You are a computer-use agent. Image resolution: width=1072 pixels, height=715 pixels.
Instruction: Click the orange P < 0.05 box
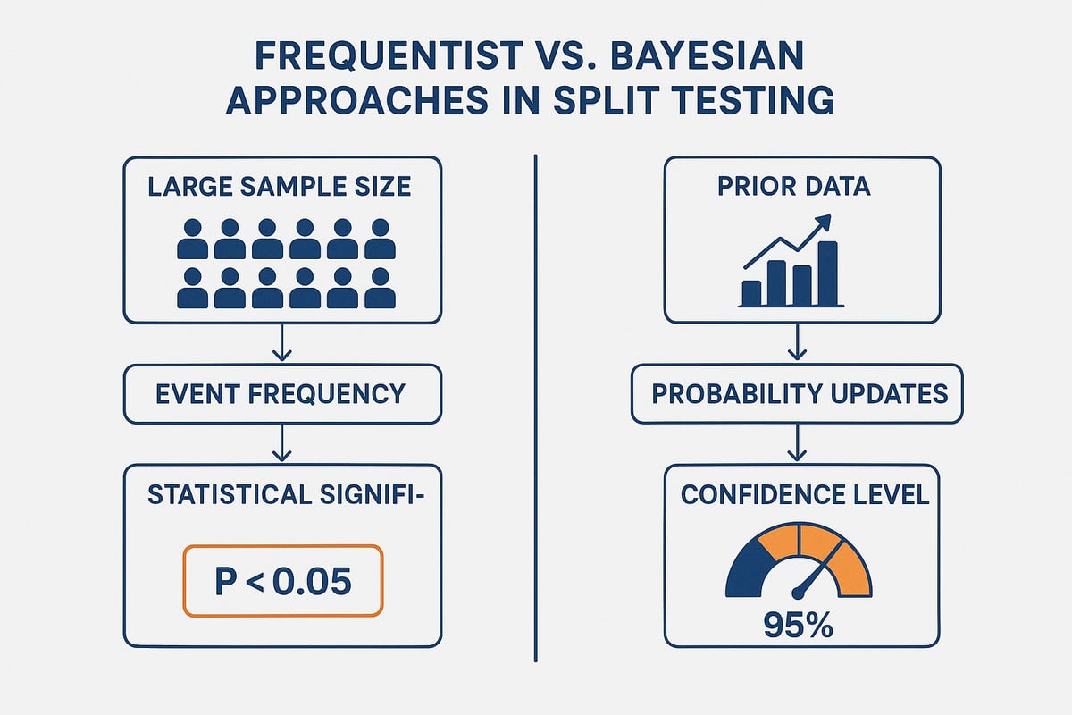pyautogui.click(x=282, y=582)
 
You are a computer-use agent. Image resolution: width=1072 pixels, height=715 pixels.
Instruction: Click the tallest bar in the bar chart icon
pyautogui.click(x=828, y=273)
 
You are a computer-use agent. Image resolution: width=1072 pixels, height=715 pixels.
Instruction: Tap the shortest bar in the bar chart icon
pyautogui.click(x=752, y=292)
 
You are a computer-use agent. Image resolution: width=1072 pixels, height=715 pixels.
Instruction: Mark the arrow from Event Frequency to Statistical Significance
pyautogui.click(x=282, y=443)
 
